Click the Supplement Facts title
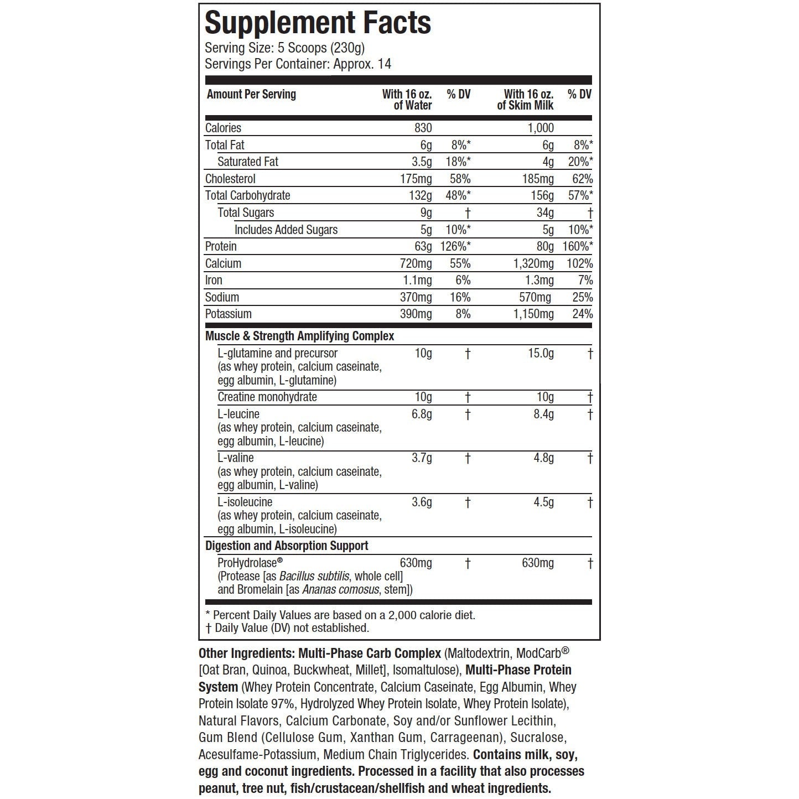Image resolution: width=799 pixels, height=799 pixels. point(318,23)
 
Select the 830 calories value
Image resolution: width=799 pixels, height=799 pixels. point(423,128)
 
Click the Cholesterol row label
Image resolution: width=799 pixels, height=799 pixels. point(230,179)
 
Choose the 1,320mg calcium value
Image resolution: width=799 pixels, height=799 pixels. point(533,263)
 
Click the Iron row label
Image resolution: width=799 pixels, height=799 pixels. point(214,280)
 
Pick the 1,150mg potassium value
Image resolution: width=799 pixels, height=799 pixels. point(533,314)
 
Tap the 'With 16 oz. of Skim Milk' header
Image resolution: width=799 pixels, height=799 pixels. point(526,100)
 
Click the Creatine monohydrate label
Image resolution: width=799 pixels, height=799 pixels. point(267,397)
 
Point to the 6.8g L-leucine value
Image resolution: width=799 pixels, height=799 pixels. point(422,414)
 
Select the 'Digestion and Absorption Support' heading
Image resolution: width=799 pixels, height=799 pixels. point(287,546)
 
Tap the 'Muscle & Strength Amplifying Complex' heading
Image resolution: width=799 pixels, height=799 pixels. point(299,336)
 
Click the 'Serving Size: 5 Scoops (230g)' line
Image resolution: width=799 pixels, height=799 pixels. point(284,48)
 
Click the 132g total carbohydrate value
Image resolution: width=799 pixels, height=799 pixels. point(420,195)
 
